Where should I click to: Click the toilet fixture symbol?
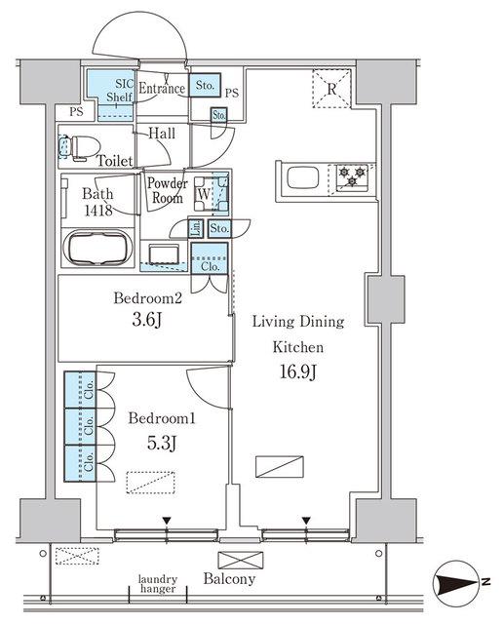(79, 148)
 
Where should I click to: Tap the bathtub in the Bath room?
(97, 249)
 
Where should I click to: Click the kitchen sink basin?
(302, 177)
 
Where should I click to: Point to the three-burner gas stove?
(352, 176)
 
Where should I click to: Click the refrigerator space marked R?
(331, 89)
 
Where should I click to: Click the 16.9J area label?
(298, 372)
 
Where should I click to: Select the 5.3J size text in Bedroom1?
(162, 443)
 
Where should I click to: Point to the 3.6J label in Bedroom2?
(147, 320)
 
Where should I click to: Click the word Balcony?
(229, 578)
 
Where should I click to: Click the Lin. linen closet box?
(196, 229)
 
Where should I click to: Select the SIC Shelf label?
(119, 91)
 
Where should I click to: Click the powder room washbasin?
(164, 253)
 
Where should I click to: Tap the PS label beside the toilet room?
(77, 112)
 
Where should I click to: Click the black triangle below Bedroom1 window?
(167, 521)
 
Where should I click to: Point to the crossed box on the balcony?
(241, 560)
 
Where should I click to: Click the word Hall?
(162, 133)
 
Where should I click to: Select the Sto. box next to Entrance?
(205, 85)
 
